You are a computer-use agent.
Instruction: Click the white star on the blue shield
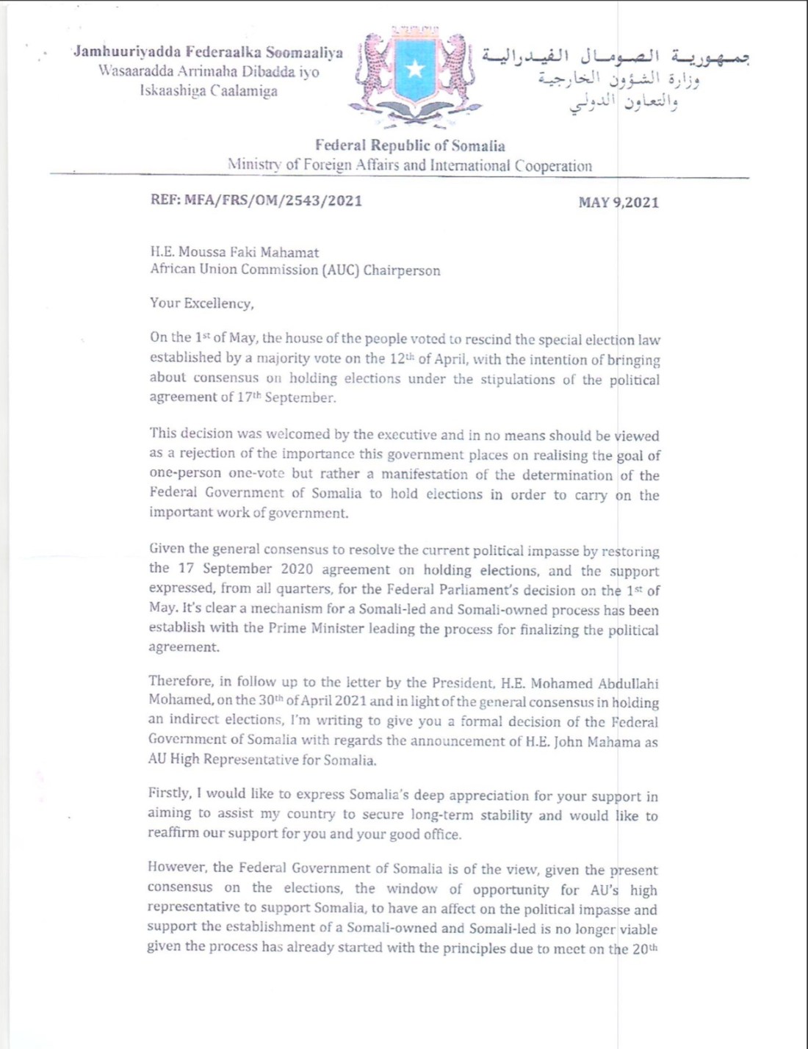415,69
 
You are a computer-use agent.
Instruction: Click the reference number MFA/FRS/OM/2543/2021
273,201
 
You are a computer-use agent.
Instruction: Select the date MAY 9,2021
618,202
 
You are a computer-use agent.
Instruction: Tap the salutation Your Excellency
201,303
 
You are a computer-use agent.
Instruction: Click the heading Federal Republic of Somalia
410,145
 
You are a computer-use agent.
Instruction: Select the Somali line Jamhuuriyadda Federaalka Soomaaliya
208,52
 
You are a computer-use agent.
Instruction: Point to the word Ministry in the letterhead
254,165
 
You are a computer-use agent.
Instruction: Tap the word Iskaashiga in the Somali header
173,91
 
